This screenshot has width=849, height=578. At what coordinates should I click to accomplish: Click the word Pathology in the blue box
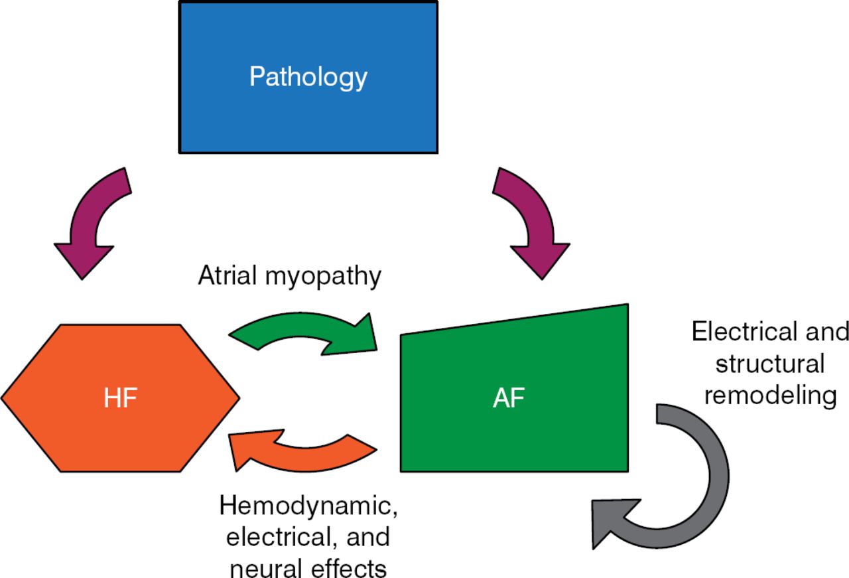click(x=308, y=78)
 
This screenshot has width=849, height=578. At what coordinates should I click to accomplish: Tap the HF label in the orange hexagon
click(x=120, y=399)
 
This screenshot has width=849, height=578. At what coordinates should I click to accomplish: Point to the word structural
click(x=770, y=364)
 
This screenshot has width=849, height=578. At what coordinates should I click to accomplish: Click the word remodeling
click(x=770, y=395)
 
